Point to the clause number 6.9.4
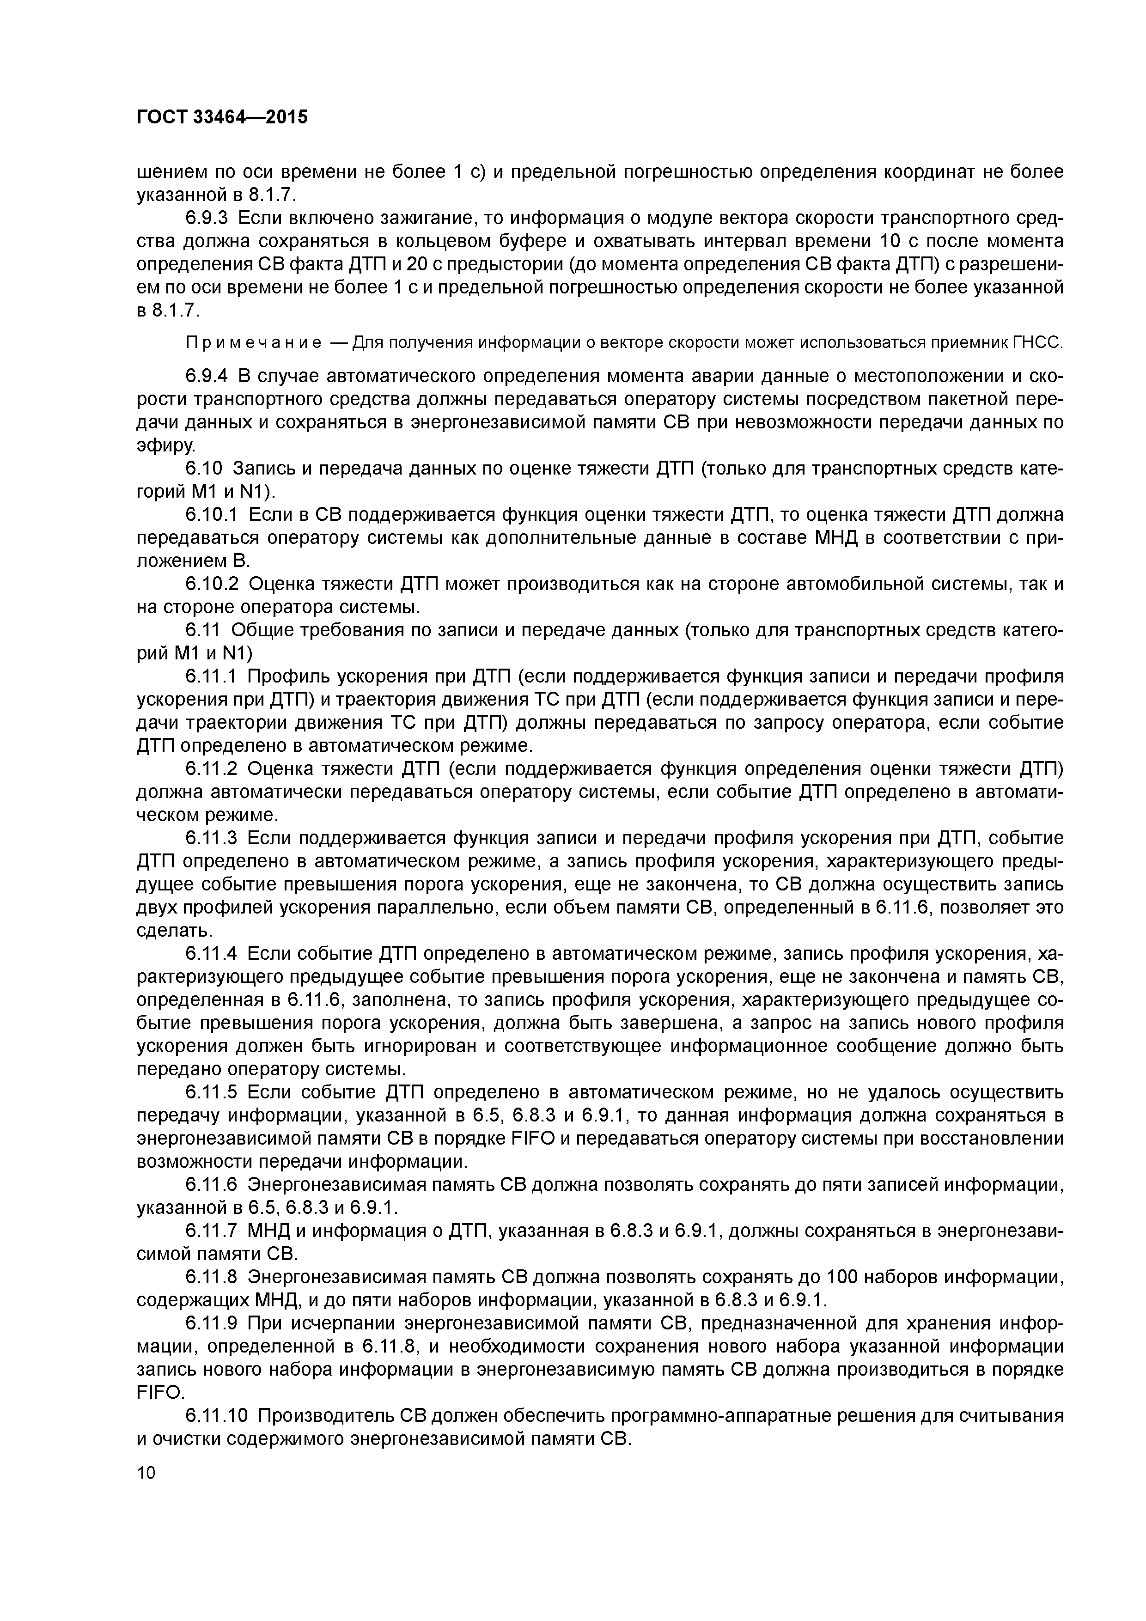[207, 376]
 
